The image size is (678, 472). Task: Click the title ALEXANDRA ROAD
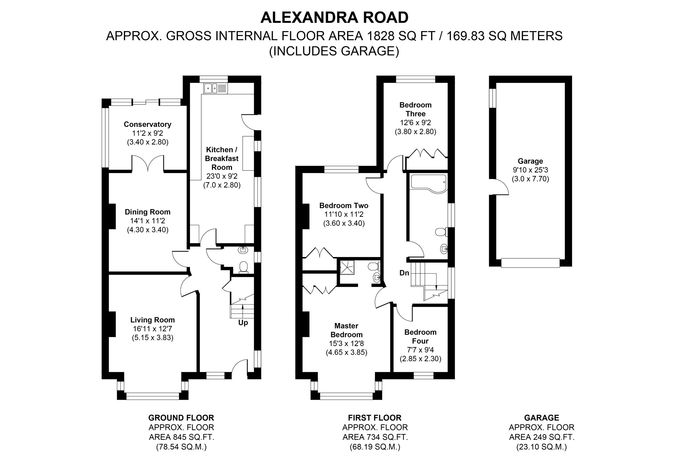tap(334, 17)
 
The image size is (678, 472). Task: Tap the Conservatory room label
tap(147, 124)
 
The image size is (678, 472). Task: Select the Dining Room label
tap(147, 212)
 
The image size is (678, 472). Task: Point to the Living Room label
tap(152, 320)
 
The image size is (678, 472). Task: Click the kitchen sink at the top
tap(216, 88)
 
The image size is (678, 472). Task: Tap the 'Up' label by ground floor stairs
tap(243, 323)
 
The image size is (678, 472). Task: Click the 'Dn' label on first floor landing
tap(404, 273)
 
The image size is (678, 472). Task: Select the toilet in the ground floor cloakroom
tap(243, 267)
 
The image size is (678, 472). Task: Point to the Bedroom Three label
tap(415, 109)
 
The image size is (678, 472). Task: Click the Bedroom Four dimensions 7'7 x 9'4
tap(420, 350)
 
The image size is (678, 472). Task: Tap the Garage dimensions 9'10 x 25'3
tap(530, 170)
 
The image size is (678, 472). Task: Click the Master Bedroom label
tap(346, 330)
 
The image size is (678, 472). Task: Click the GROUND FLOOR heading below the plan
tap(181, 418)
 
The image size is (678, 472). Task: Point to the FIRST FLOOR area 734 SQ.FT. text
tap(375, 437)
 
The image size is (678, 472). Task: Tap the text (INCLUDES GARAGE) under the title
tap(334, 51)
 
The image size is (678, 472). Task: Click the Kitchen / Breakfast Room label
tap(222, 158)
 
